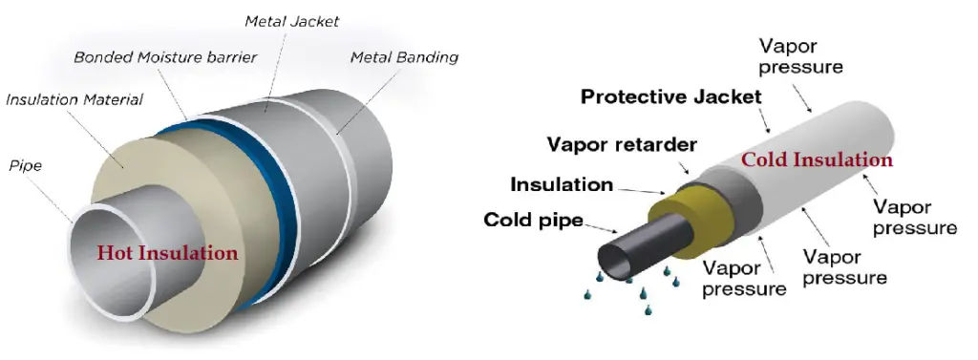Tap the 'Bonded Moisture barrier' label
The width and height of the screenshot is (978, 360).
point(165,57)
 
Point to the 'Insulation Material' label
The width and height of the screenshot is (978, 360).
point(74,99)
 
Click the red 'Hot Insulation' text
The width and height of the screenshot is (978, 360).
point(167,253)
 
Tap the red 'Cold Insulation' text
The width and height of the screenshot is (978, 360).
point(818,159)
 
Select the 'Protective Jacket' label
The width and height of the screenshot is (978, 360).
point(671,96)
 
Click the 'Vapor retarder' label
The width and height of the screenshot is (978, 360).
point(622,144)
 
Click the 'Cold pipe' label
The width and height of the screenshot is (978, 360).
point(534,220)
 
